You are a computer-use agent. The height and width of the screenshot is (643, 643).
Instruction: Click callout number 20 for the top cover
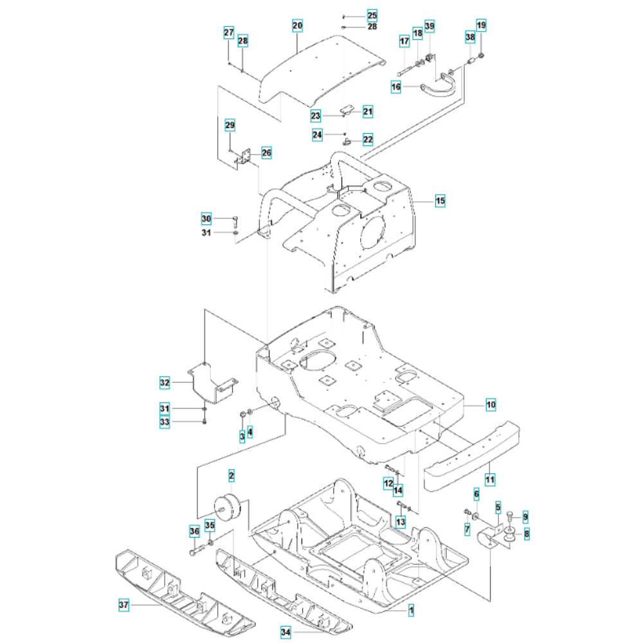click(297, 26)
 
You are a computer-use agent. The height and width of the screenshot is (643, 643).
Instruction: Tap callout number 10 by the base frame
click(491, 405)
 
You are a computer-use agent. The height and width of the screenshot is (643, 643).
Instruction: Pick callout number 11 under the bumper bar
click(491, 479)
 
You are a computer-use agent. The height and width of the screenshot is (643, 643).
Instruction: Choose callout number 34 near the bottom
click(285, 633)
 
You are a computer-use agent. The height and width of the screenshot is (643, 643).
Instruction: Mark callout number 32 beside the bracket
click(165, 383)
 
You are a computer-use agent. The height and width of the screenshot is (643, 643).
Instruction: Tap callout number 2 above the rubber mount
click(231, 476)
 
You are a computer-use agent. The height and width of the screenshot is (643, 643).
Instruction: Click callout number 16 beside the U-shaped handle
click(396, 87)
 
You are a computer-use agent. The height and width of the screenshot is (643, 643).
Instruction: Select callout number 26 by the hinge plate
click(266, 153)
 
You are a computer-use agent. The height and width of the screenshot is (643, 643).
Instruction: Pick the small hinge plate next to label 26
click(244, 158)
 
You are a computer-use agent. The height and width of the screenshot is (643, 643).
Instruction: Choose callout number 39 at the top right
click(430, 26)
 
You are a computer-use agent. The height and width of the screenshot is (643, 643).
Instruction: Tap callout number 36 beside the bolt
click(194, 531)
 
